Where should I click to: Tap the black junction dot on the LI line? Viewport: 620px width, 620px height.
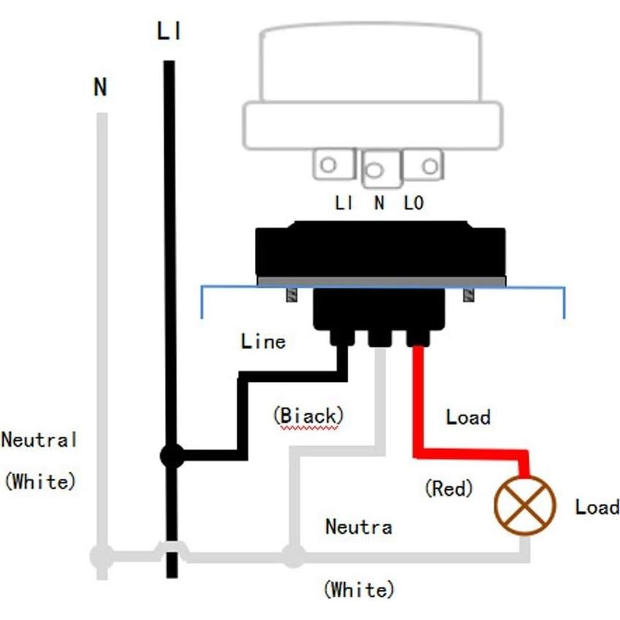pos(172,456)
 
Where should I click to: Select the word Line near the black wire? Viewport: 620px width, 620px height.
pos(263,341)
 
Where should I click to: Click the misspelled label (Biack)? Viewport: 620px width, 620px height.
pos(308,416)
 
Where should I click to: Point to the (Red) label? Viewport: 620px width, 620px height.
pos(448,488)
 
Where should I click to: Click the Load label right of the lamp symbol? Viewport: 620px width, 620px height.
pos(597,507)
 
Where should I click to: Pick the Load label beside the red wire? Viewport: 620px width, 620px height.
pos(467,417)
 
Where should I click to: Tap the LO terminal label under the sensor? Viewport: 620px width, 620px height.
pos(413,204)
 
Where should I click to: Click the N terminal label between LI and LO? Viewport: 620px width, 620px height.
pos(379,204)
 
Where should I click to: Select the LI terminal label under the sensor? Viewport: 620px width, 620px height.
pos(344,204)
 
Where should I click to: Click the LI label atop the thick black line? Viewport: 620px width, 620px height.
pos(169,32)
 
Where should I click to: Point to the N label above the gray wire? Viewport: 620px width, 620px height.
pos(100,88)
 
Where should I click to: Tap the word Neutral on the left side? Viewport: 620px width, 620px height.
pos(39,440)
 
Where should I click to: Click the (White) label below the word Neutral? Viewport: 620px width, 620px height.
pos(39,482)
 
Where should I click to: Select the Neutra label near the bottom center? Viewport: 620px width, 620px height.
pos(359,526)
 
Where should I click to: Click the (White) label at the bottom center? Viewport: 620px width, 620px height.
pos(359,589)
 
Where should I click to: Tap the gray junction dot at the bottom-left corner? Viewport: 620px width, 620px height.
pos(102,556)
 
